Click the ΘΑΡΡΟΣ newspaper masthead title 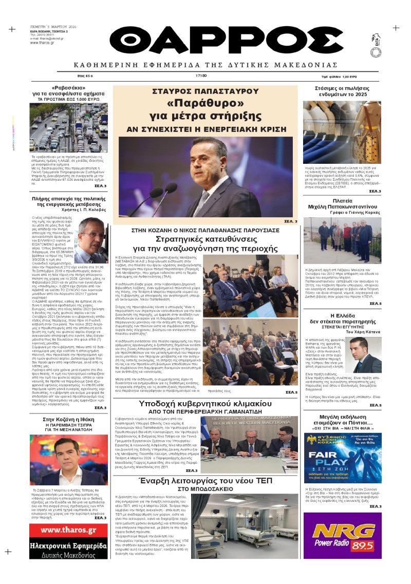[205, 43]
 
